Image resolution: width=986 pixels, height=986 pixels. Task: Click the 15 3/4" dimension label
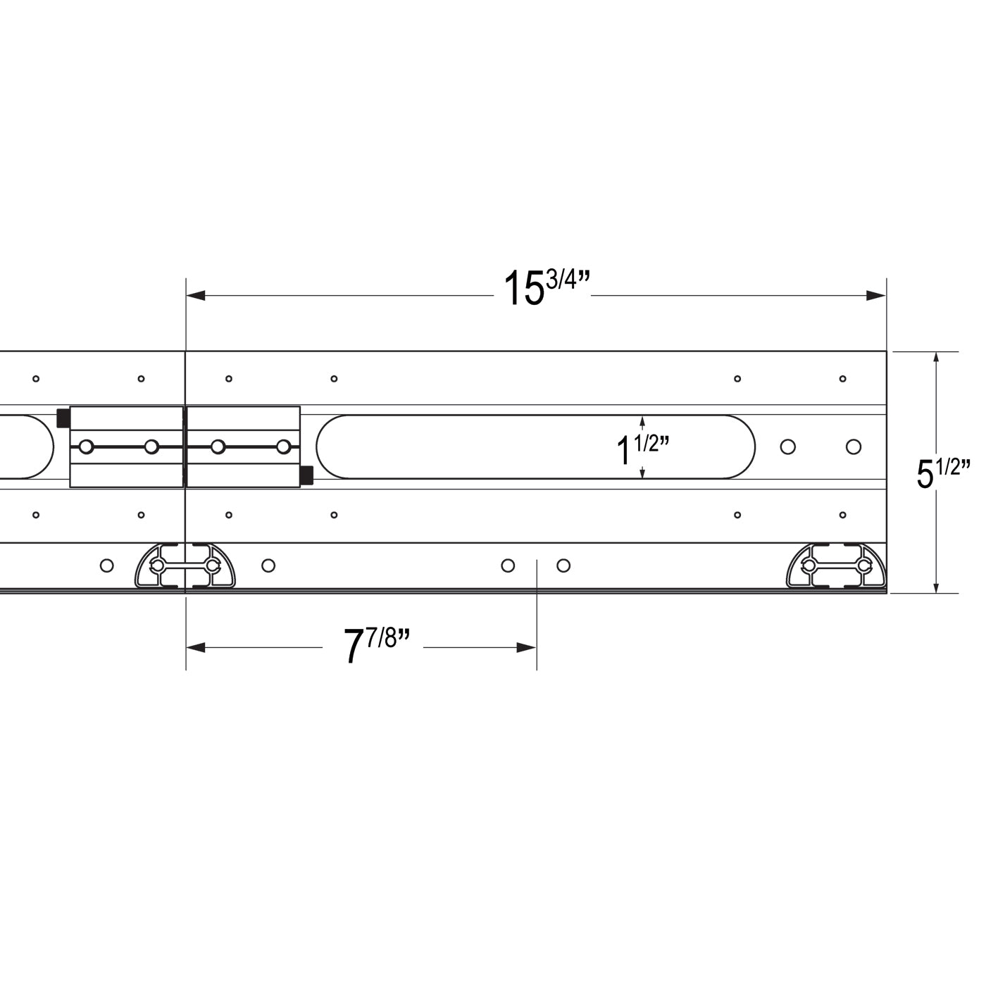pyautogui.click(x=547, y=287)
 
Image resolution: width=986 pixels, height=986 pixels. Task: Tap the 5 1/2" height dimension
pyautogui.click(x=943, y=473)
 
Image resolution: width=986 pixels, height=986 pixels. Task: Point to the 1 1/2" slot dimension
pyautogui.click(x=643, y=448)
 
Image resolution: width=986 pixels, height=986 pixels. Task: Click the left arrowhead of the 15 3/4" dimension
pyautogui.click(x=196, y=295)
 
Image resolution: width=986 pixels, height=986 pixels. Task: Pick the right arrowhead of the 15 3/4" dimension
pyautogui.click(x=876, y=295)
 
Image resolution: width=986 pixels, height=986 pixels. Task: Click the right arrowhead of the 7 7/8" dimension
pyautogui.click(x=527, y=647)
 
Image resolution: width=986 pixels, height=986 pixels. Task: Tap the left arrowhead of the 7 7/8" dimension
pyautogui.click(x=196, y=647)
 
